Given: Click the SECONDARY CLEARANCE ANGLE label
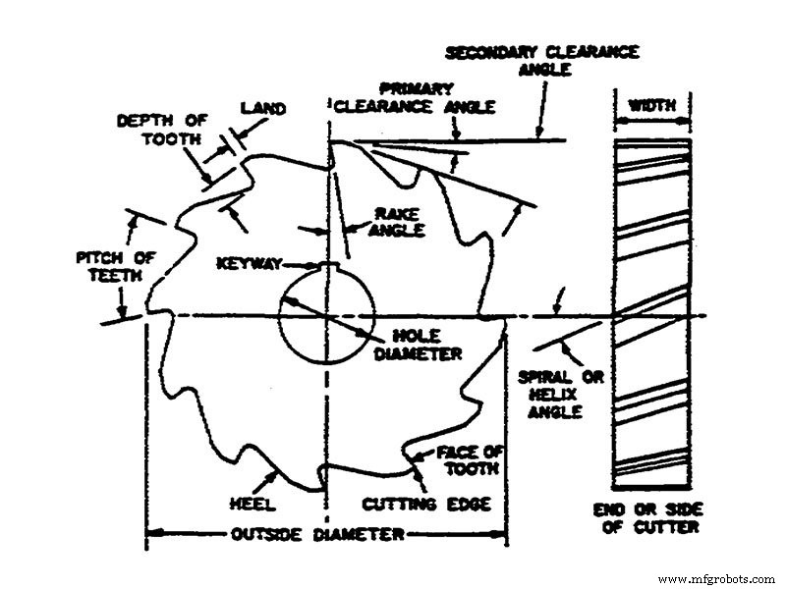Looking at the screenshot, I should [542, 61].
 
